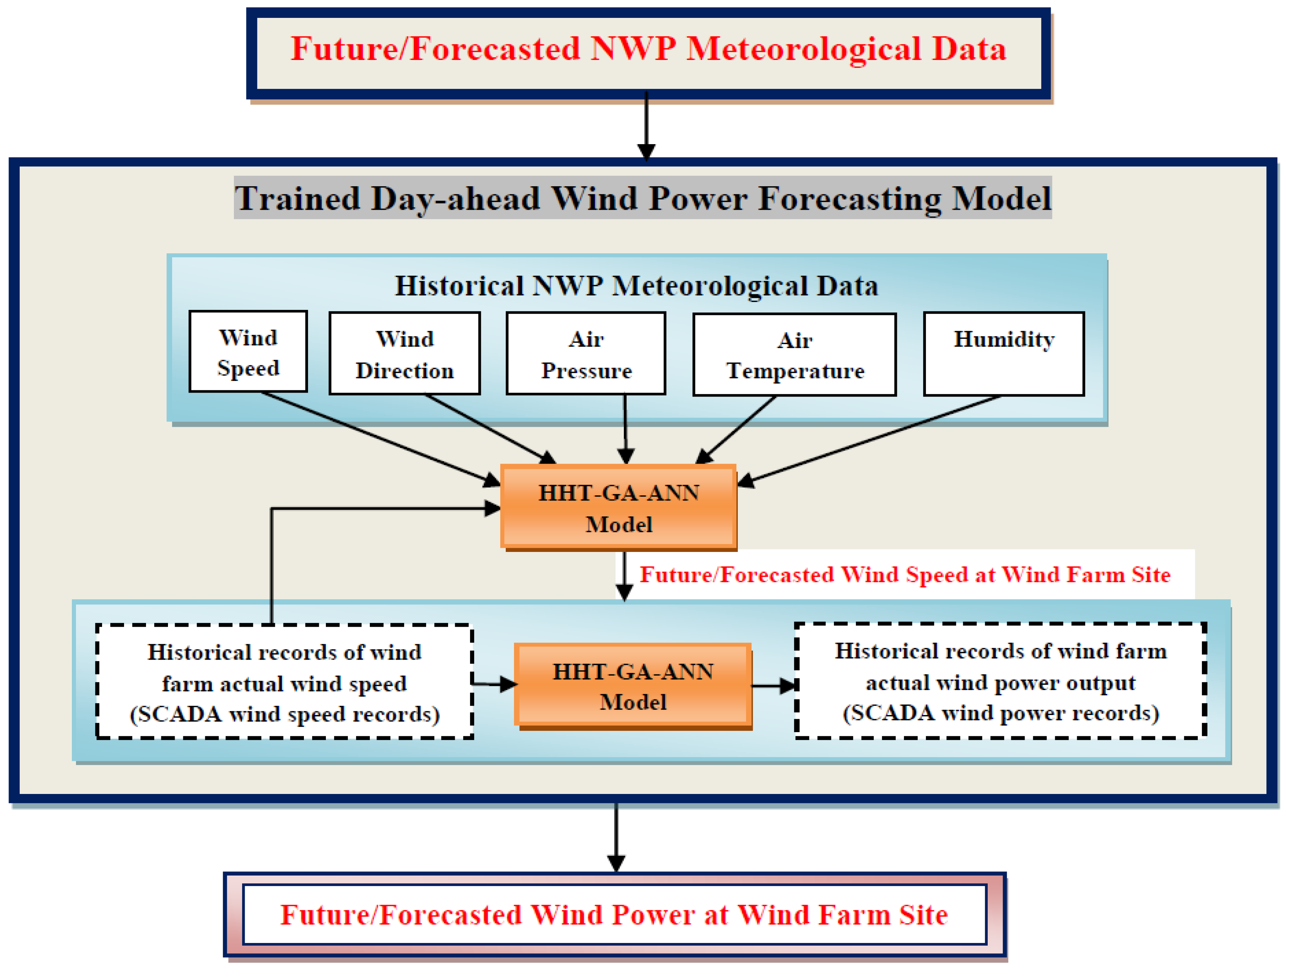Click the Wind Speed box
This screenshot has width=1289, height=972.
248,352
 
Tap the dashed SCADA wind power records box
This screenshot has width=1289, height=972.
1000,681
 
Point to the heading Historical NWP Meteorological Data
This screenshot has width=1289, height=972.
636,286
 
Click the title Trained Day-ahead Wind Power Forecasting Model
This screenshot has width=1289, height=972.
643,198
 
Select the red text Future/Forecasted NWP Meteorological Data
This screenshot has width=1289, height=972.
648,49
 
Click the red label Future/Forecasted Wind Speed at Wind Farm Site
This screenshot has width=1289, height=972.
905,575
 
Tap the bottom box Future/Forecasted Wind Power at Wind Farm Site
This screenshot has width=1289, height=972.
615,915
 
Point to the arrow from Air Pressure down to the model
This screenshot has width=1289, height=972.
625,429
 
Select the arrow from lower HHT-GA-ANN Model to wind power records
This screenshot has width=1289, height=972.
774,686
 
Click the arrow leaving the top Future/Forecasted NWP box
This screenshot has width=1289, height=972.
646,125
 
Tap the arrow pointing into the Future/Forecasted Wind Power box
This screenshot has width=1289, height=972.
616,838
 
